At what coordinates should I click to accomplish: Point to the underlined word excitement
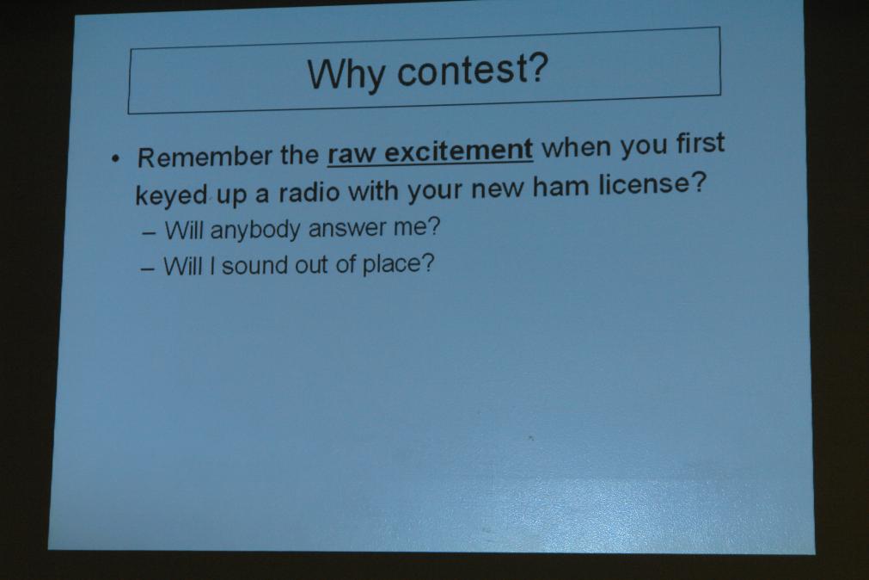point(458,151)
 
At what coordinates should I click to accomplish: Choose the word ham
point(561,187)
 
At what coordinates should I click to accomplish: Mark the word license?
point(653,183)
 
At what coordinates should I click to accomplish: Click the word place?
point(398,263)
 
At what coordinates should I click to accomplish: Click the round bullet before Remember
point(115,160)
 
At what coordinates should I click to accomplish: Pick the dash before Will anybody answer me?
point(149,233)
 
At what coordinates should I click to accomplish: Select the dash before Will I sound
point(148,269)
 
